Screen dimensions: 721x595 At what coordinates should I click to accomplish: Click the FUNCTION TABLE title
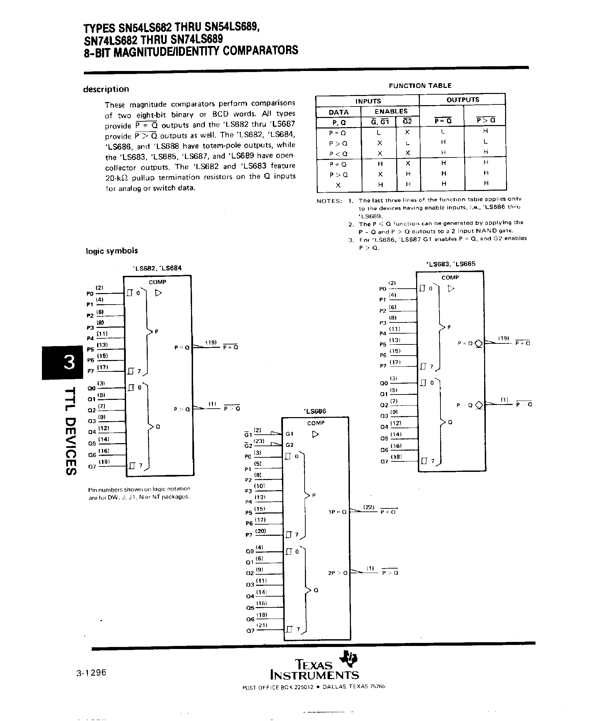pyautogui.click(x=420, y=86)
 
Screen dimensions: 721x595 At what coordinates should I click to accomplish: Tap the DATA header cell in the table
pyautogui.click(x=339, y=113)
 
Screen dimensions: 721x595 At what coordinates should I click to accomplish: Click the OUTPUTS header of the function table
pyautogui.click(x=463, y=100)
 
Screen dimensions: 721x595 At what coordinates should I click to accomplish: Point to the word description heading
pyautogui.click(x=106, y=89)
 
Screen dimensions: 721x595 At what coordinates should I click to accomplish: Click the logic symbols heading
pyautogui.click(x=112, y=251)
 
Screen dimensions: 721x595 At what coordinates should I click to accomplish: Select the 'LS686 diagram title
pyautogui.click(x=315, y=411)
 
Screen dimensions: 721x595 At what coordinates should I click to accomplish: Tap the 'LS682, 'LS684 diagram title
pyautogui.click(x=157, y=268)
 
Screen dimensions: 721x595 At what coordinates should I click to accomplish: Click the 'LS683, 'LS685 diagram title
pyautogui.click(x=450, y=264)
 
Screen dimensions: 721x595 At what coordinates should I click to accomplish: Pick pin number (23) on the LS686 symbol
pyautogui.click(x=259, y=441)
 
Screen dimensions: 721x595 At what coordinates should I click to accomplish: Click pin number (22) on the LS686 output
pyautogui.click(x=369, y=507)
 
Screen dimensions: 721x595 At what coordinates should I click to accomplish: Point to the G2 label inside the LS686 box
pyautogui.click(x=290, y=445)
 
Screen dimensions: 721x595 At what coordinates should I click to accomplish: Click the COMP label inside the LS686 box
pyautogui.click(x=316, y=423)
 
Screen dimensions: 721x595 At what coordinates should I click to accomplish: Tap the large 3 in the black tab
pyautogui.click(x=69, y=362)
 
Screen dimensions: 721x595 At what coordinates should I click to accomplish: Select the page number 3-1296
pyautogui.click(x=92, y=673)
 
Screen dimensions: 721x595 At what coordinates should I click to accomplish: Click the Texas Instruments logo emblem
pyautogui.click(x=349, y=658)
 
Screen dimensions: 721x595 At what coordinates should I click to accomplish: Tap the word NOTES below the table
pyautogui.click(x=329, y=201)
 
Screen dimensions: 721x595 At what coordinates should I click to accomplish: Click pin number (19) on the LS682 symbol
pyautogui.click(x=211, y=342)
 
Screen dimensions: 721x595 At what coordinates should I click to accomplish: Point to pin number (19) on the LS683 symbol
pyautogui.click(x=503, y=338)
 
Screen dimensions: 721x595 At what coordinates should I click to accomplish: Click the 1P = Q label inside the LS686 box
pyautogui.click(x=337, y=512)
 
